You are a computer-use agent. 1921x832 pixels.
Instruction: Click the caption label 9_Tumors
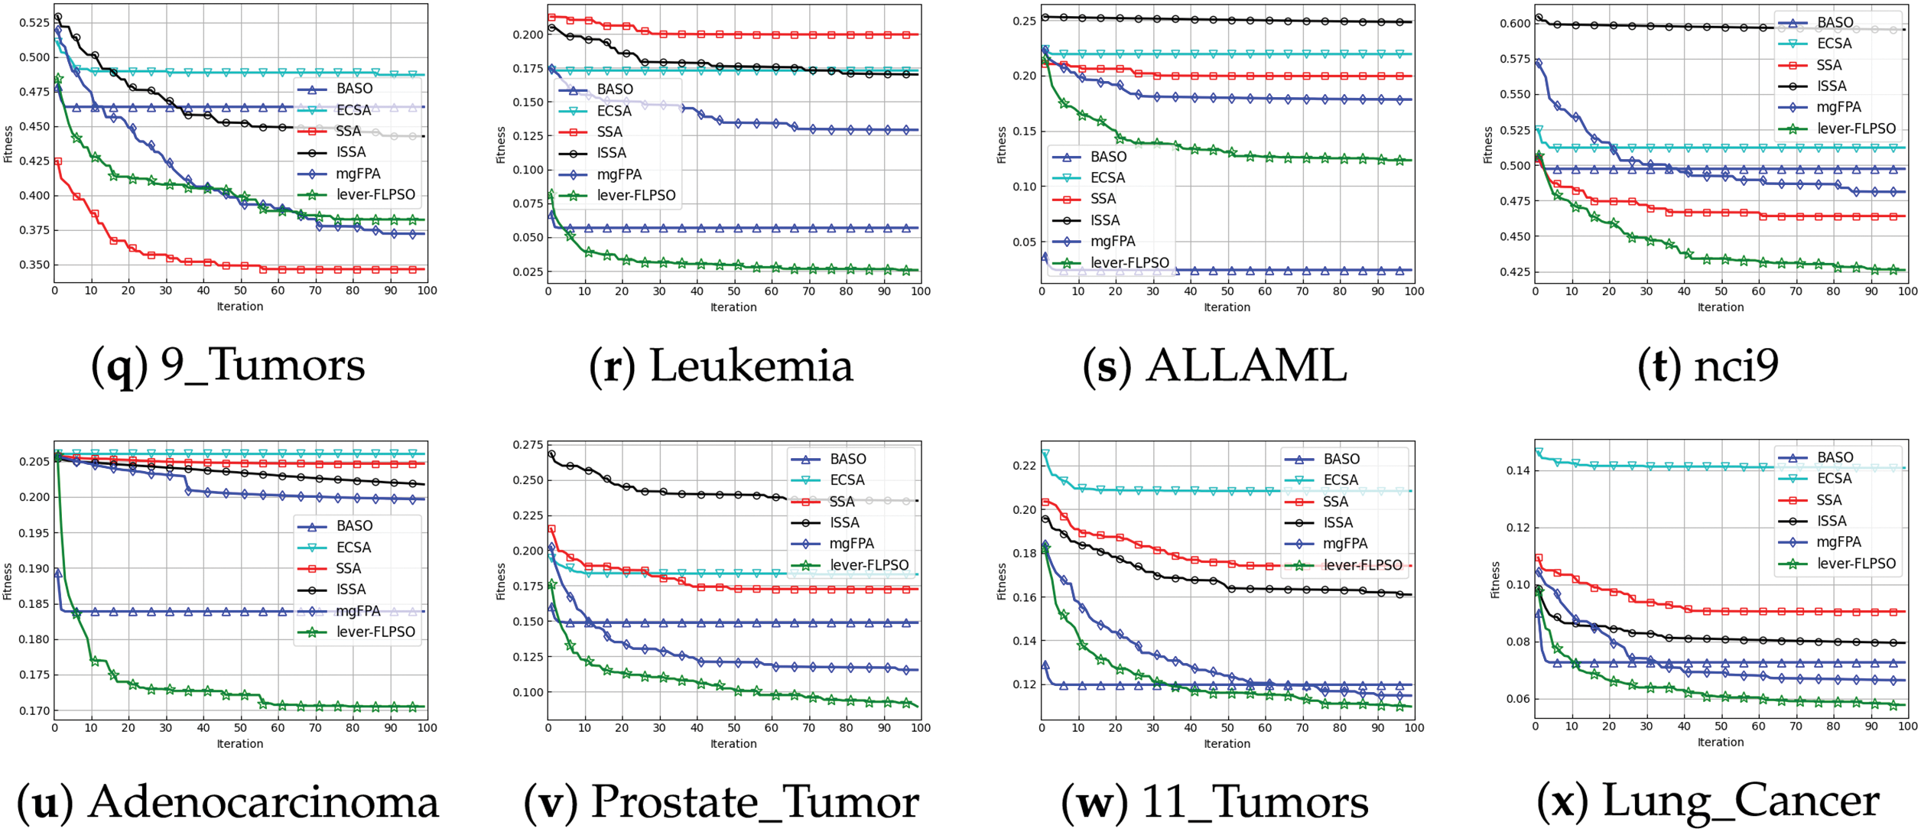[x=262, y=366]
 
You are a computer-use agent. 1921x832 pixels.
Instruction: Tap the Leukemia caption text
[x=751, y=366]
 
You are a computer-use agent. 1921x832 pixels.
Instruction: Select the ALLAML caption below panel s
[x=1246, y=366]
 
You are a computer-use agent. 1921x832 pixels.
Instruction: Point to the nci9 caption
[x=1736, y=366]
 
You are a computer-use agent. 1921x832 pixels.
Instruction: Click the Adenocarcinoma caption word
[x=264, y=801]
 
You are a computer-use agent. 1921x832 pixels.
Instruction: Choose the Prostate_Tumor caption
[x=755, y=801]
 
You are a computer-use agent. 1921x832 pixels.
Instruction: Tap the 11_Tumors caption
[x=1254, y=801]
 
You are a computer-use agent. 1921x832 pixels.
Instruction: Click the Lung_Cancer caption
[x=1741, y=801]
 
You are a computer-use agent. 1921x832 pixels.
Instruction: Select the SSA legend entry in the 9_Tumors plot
[x=348, y=132]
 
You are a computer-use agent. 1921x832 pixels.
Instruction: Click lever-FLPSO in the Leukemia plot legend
[x=636, y=196]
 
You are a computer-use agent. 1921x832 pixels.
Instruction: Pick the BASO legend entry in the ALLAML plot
[x=1108, y=157]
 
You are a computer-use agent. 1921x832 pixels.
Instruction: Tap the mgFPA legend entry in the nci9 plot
[x=1838, y=107]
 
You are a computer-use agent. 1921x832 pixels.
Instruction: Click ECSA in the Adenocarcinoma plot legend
[x=353, y=548]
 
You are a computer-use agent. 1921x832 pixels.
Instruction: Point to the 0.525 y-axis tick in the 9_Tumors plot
[x=34, y=23]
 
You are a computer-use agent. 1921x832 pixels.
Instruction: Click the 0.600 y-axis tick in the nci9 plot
[x=1515, y=24]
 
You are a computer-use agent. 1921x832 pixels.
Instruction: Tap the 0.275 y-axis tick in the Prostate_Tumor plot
[x=527, y=445]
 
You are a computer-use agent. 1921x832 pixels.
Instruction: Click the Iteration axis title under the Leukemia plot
[x=733, y=307]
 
